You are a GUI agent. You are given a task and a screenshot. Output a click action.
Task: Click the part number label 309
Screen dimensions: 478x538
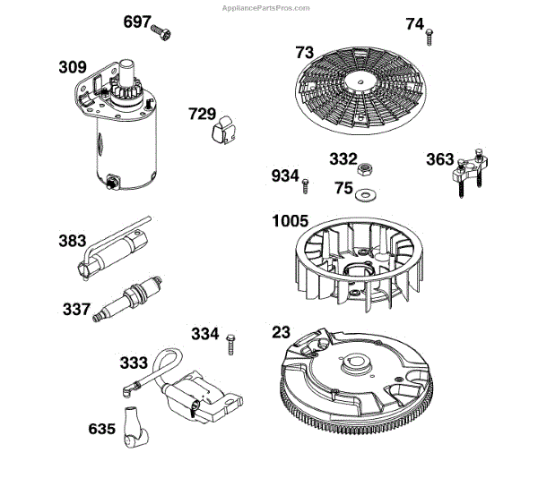[x=74, y=67]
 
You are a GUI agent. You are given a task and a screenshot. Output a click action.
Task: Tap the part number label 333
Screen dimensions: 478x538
[x=135, y=364]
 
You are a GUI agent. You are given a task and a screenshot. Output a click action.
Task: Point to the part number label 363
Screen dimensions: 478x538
[x=440, y=160]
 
